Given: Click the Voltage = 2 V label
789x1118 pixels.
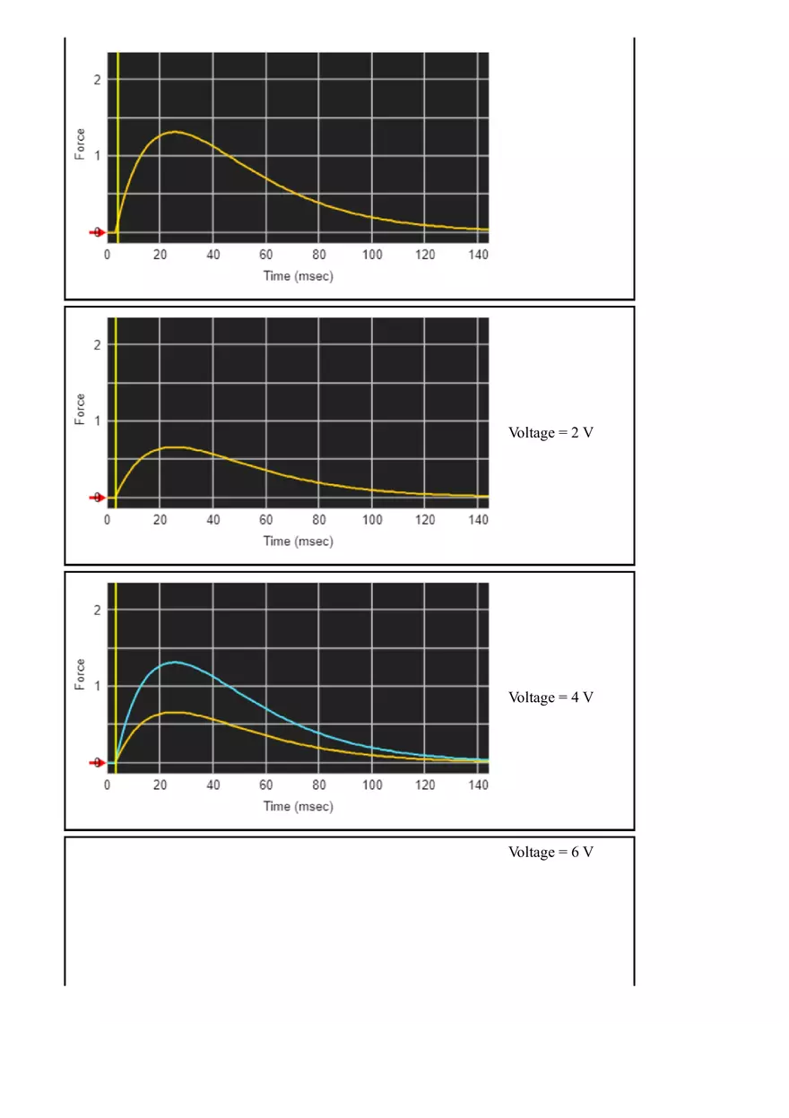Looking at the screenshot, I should [551, 432].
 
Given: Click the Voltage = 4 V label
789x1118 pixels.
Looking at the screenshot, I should [551, 698].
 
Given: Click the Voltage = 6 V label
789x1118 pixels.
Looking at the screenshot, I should [551, 852].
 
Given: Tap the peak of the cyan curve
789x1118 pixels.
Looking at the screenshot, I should [175, 663].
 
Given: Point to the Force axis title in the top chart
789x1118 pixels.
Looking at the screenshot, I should [81, 145].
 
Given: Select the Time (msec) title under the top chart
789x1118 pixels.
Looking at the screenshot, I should [298, 275].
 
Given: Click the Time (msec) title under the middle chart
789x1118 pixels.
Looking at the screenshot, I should [298, 541].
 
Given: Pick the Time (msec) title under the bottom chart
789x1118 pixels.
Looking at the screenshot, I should [298, 806].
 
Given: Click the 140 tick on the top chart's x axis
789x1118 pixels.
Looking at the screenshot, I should [478, 255].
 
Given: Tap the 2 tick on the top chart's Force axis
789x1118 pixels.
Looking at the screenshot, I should [97, 80].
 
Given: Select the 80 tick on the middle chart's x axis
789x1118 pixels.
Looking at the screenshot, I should [319, 520].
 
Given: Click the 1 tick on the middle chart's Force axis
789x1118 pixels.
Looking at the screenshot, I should [97, 420].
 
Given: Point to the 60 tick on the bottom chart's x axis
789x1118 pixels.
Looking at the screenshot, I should [266, 785].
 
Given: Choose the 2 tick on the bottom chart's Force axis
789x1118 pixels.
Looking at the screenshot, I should [97, 610].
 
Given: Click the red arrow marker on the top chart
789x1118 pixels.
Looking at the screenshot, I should [97, 232].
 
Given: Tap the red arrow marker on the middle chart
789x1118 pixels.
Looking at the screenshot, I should [97, 497].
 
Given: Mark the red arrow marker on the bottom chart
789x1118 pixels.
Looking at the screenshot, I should [97, 762].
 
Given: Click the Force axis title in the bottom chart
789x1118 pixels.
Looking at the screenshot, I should [81, 674].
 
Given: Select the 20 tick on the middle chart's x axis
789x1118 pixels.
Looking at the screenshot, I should [160, 520].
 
